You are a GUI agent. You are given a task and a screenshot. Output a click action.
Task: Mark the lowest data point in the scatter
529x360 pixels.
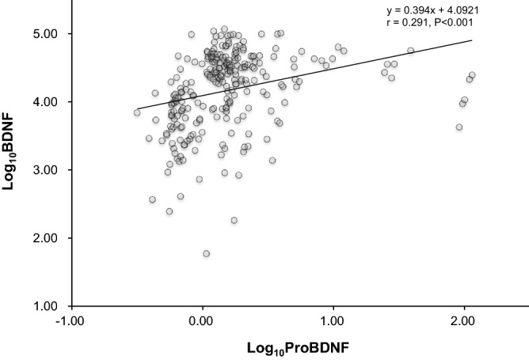point(206,253)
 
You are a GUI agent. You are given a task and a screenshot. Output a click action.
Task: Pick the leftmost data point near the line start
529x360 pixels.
point(137,112)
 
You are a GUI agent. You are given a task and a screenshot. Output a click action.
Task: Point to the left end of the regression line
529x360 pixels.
point(137,109)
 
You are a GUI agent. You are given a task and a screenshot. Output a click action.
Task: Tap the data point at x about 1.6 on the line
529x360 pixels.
point(410,51)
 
